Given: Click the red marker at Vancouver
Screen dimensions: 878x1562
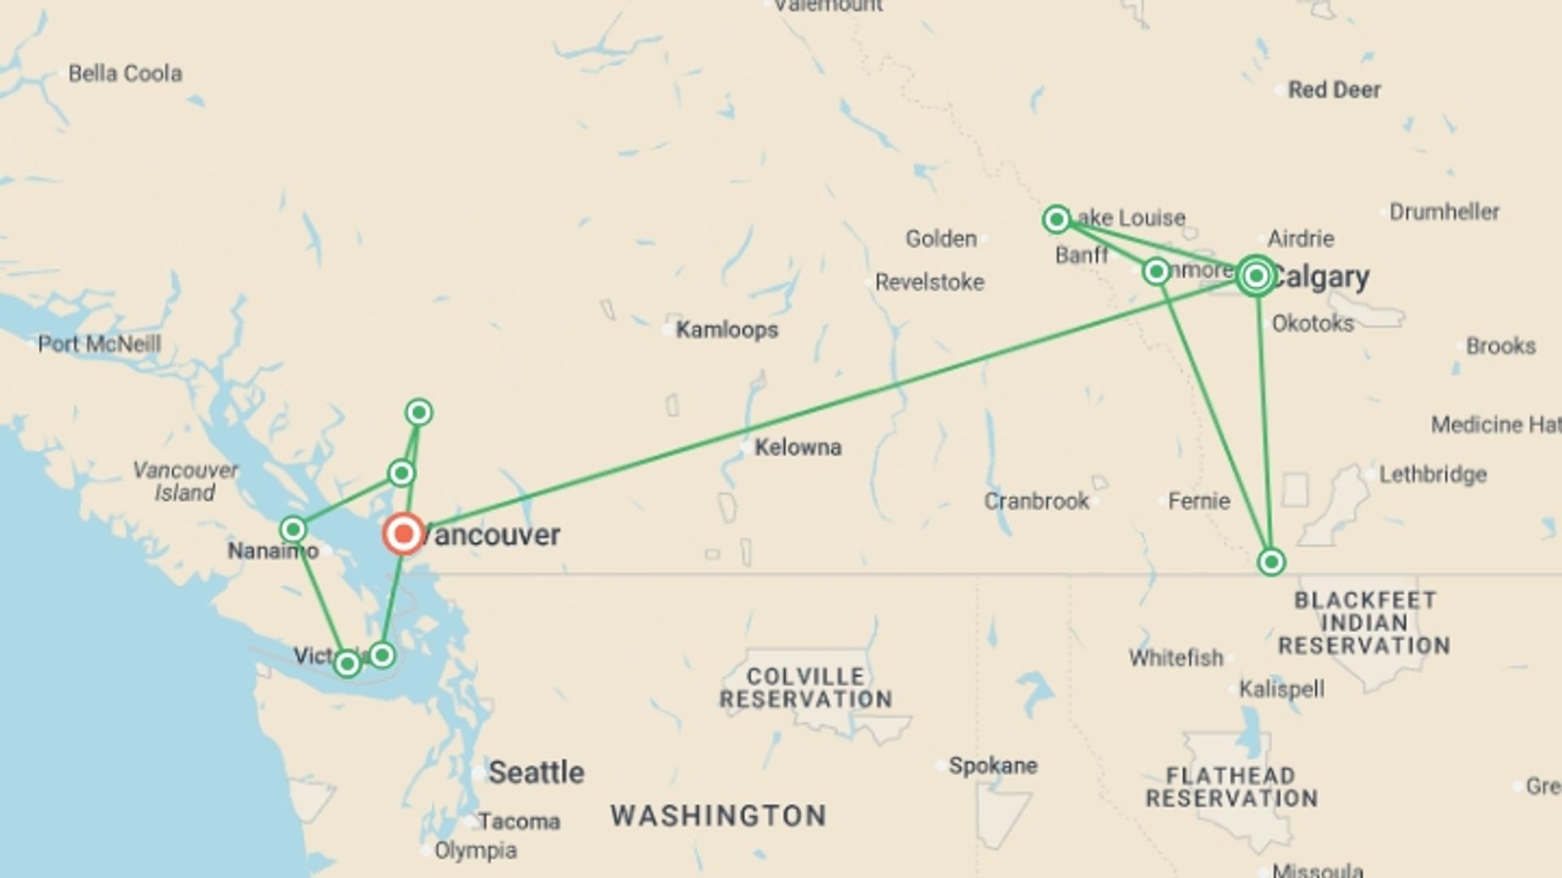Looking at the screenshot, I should coord(404,534).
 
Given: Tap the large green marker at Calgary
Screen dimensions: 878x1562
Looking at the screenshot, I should coord(1255,276).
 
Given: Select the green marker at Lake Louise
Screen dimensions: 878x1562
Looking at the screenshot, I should coord(1056,219).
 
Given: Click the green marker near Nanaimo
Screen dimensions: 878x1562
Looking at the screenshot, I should coord(293,530).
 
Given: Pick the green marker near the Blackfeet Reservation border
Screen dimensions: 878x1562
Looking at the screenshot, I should coord(1271,562).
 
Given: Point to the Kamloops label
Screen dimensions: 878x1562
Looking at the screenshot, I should coord(726,330).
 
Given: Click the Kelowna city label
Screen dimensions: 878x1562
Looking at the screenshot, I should coord(797,447).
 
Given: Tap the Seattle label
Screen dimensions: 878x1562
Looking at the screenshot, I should coord(536,772).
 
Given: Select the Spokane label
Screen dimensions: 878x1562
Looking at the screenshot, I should coord(993,766).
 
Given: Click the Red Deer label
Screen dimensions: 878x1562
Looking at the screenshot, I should coord(1334,89).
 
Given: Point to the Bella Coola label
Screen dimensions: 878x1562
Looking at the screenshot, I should coord(124,73).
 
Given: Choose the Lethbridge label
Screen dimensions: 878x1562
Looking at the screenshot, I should coord(1433,474).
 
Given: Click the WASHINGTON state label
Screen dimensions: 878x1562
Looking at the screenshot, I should coord(718,815).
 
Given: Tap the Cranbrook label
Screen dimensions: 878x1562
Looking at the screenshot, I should coord(1036,501).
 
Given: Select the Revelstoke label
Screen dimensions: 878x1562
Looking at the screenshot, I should coord(929,282).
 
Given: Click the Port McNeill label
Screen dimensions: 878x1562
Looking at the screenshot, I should coord(99,344).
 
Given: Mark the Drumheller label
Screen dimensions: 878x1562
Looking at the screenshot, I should coord(1444,212).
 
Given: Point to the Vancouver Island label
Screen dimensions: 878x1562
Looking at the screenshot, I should coord(185,481).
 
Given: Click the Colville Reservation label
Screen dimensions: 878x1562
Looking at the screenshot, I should coord(805,688).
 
